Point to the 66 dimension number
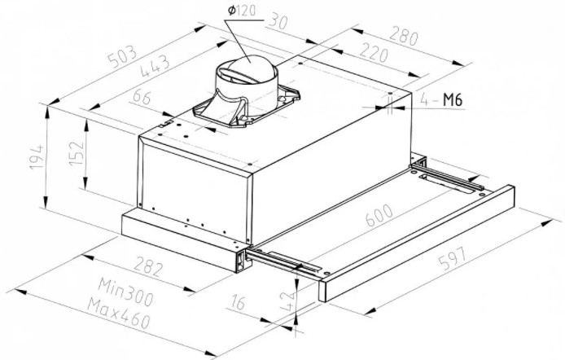[x=142, y=100]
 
